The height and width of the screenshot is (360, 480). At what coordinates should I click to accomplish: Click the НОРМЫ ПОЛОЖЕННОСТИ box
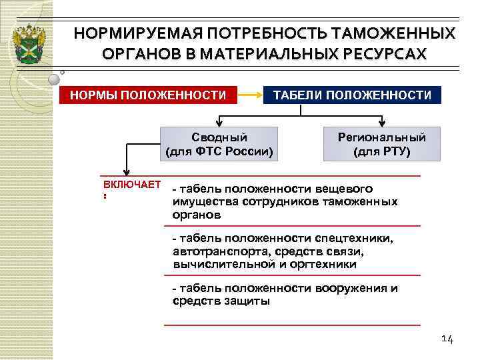tap(148, 95)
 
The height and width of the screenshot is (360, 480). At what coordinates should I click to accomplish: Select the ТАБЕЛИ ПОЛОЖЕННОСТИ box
tap(353, 95)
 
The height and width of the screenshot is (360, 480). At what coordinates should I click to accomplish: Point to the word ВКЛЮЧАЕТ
tap(132, 184)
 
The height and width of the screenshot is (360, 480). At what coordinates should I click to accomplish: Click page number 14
tap(447, 340)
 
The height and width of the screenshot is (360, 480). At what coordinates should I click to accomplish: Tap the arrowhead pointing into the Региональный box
tap(382, 123)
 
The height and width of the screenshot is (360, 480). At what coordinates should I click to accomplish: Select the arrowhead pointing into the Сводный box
tap(220, 123)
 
